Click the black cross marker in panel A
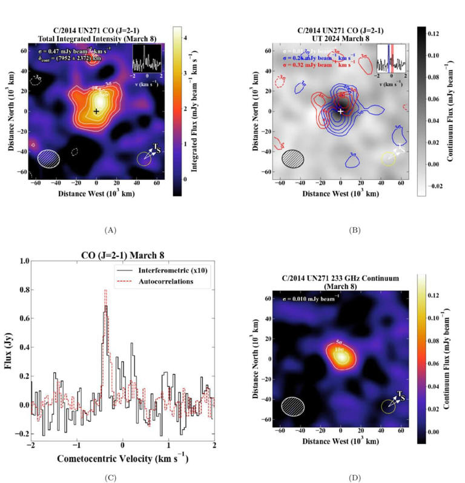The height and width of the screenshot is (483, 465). pos(96,112)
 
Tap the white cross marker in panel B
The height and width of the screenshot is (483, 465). pos(341,112)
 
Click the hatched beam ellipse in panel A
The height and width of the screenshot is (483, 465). pos(49,158)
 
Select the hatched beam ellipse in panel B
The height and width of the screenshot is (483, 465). pos(294,158)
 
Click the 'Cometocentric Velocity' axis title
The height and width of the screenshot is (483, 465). pos(122,458)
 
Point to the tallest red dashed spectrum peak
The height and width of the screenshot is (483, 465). pos(105,291)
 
